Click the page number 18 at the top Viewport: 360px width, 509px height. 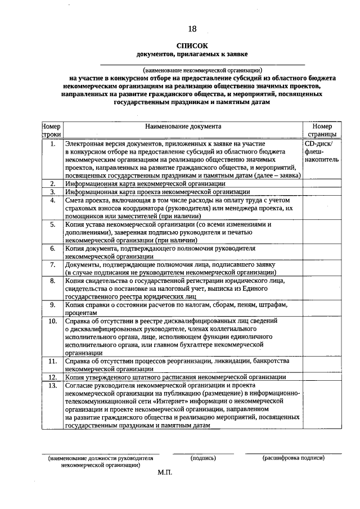[192, 29]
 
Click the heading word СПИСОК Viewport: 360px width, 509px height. [192, 46]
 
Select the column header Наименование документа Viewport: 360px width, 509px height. [183, 127]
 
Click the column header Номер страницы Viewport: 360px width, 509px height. [322, 131]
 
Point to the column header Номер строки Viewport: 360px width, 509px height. [52, 131]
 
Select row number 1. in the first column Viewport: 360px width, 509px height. [52, 145]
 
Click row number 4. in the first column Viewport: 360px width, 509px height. [52, 200]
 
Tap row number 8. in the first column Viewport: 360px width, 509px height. [52, 280]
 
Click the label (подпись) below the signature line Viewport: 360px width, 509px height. [203, 458]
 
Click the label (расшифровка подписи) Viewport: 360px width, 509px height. [293, 458]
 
